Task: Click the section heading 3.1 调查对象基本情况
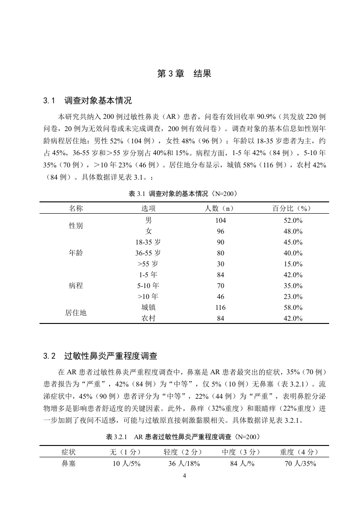point(87,100)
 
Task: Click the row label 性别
point(76,225)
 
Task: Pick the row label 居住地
point(76,313)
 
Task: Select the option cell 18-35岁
point(148,242)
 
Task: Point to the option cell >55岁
point(148,264)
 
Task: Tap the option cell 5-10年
point(148,286)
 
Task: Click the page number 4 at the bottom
point(183,476)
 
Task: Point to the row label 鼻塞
point(71,464)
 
